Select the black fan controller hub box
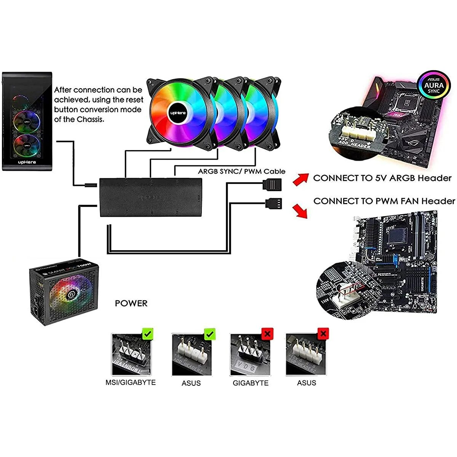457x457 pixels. click(x=151, y=197)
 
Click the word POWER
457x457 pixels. click(x=131, y=303)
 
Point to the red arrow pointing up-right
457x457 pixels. click(x=300, y=179)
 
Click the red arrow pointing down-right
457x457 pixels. click(x=300, y=210)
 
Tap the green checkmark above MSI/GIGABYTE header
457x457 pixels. click(x=148, y=334)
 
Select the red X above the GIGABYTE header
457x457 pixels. click(x=267, y=334)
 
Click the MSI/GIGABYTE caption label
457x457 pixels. click(x=131, y=382)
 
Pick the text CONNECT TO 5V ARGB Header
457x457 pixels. click(x=382, y=178)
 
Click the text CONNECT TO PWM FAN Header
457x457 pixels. click(x=384, y=201)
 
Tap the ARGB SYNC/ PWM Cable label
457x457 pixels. click(x=241, y=171)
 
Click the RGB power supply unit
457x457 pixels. click(x=64, y=292)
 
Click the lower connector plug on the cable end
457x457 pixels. click(x=274, y=203)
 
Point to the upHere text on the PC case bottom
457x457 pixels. click(x=27, y=162)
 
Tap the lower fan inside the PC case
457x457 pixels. click(x=27, y=145)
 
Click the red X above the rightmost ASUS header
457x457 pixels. click(x=323, y=334)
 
